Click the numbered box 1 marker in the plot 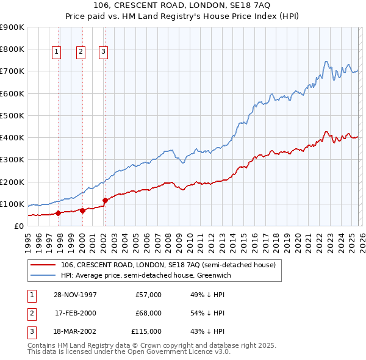click(56, 52)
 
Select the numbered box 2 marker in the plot click(81, 52)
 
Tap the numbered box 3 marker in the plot click(103, 52)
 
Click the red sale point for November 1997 click(59, 213)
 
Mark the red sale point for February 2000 click(82, 211)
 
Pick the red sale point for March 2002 click(105, 200)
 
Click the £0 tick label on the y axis click(19, 226)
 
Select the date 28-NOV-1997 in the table click(76, 295)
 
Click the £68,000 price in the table click(148, 313)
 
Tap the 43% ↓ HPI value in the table click(208, 331)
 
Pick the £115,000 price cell click(146, 331)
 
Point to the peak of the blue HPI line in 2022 click(326, 61)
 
